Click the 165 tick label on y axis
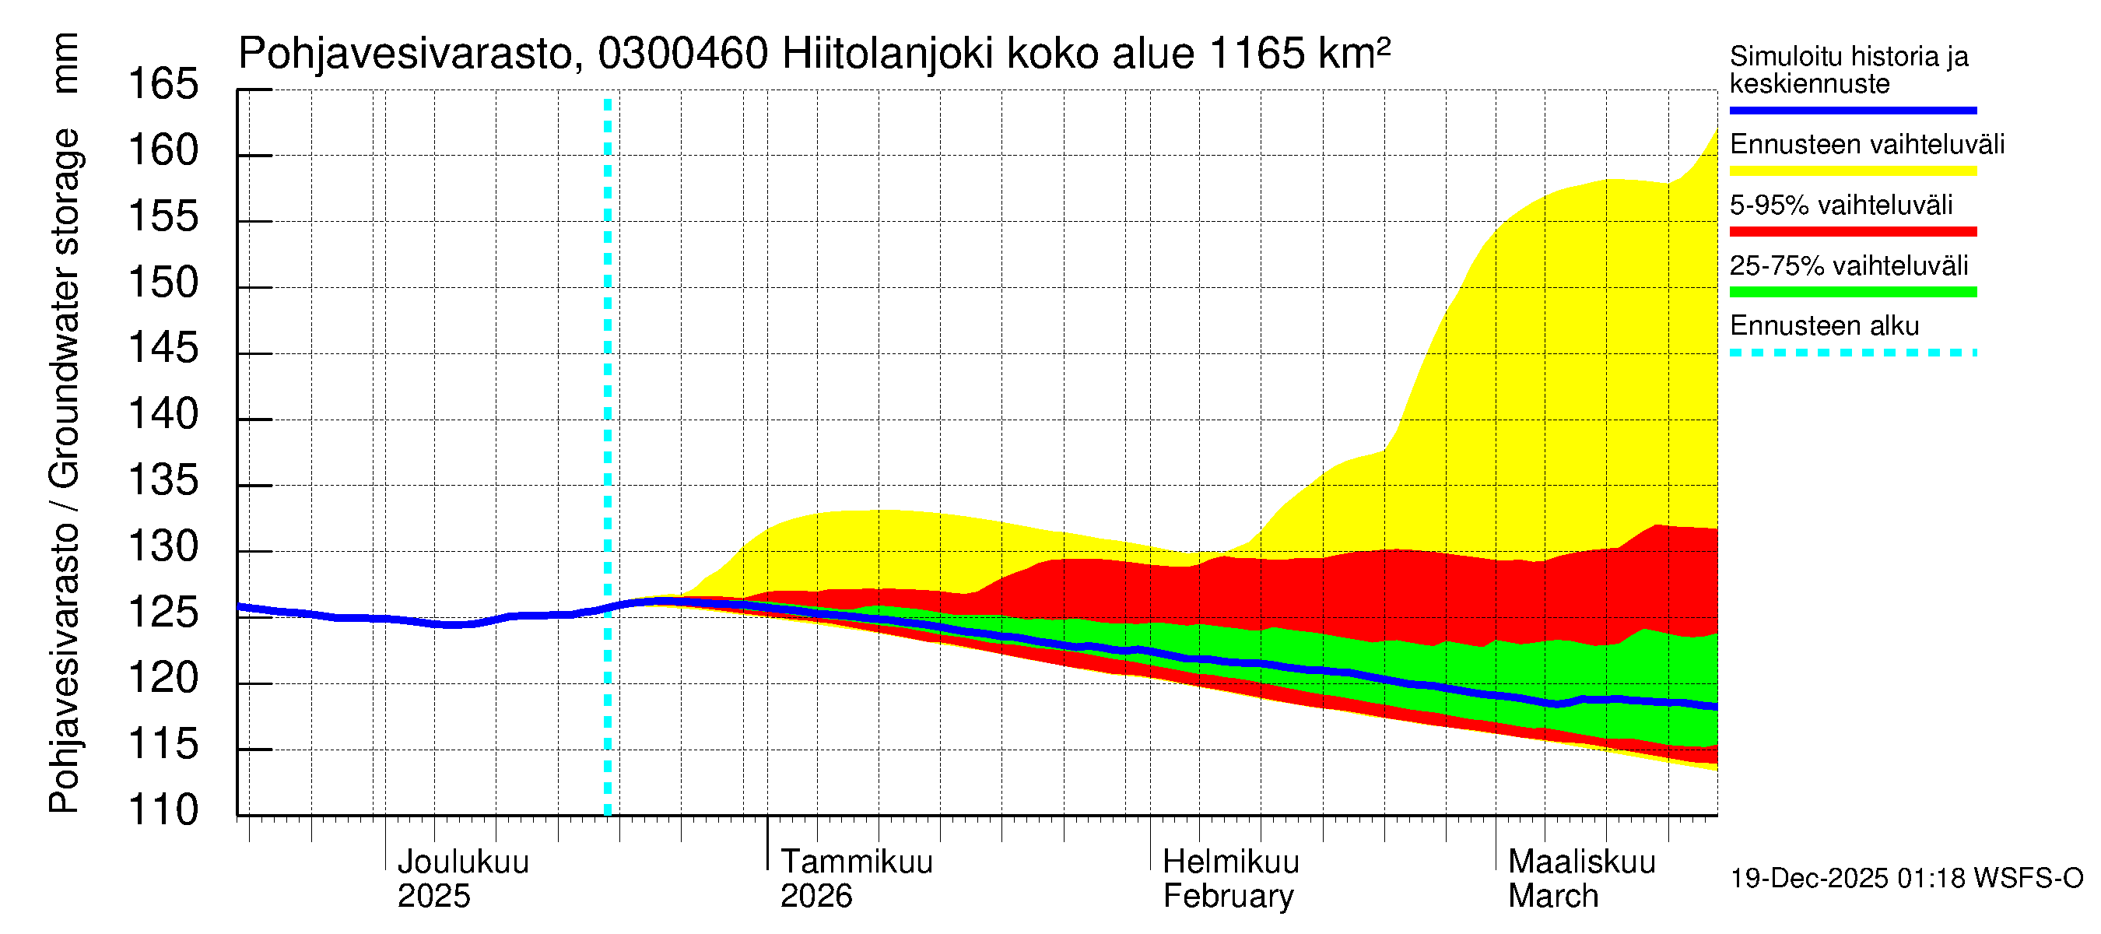163,85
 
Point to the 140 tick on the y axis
163,415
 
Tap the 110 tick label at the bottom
163,811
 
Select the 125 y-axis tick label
163,613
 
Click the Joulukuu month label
462,862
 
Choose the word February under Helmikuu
1227,897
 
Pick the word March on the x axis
1552,897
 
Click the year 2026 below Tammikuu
815,897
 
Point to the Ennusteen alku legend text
1824,326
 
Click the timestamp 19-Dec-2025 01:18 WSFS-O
1906,879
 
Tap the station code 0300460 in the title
682,54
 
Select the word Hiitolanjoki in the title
887,54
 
